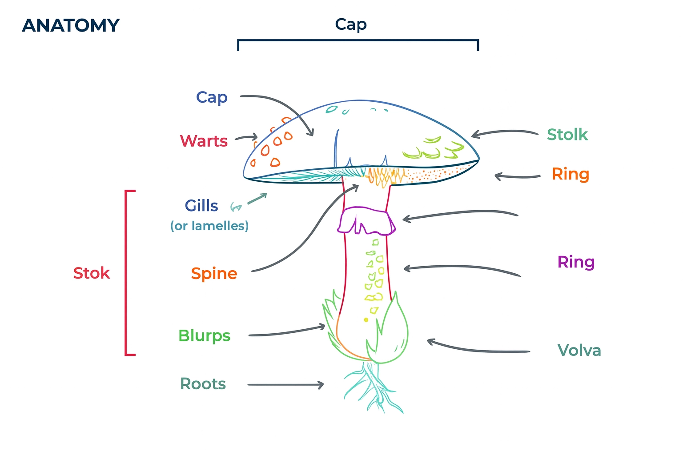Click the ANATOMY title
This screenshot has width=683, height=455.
coord(71,26)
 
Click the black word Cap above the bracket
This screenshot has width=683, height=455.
coord(350,24)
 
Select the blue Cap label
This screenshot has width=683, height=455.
coord(212,97)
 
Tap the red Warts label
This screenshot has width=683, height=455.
coord(204,141)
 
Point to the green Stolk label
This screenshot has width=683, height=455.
coord(567,135)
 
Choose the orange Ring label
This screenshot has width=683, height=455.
coord(570,174)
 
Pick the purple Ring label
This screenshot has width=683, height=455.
coord(576,262)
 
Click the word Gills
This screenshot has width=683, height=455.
coord(201,206)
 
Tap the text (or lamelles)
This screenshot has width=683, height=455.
coord(209,226)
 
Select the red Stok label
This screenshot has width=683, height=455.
coord(91,273)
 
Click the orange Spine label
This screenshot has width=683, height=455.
coord(214,274)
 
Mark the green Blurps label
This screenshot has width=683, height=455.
coord(204,336)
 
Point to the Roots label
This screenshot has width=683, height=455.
coord(203,384)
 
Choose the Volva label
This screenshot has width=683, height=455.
coord(579,351)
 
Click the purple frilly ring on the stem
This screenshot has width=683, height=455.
coord(366,221)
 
